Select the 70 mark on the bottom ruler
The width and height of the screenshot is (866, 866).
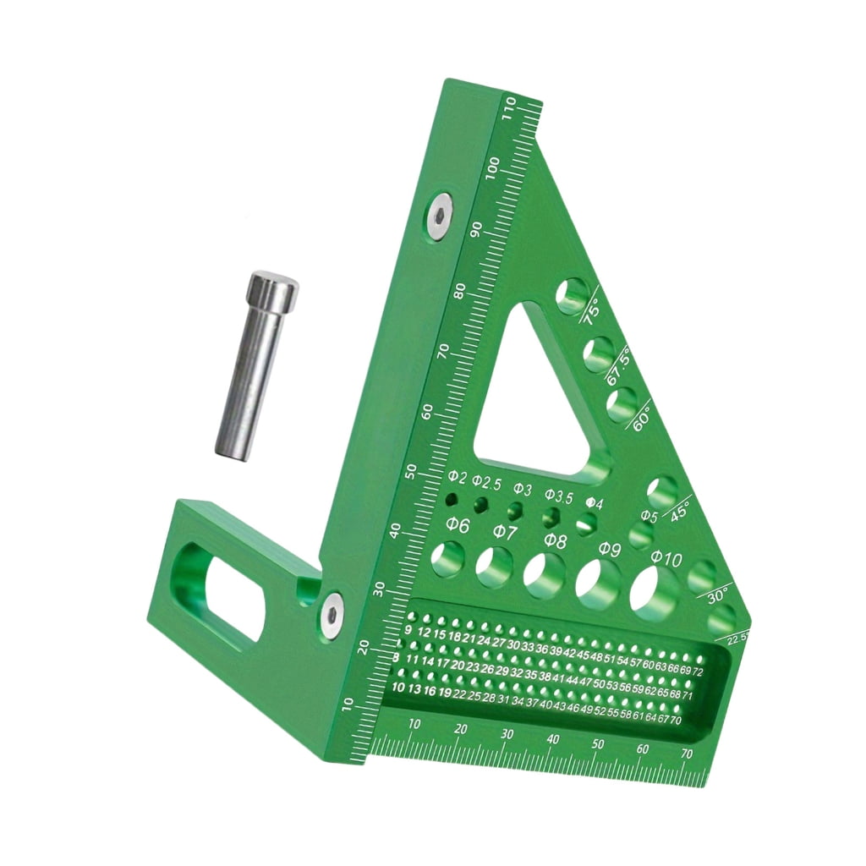[687, 754]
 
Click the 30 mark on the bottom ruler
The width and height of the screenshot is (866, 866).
[507, 735]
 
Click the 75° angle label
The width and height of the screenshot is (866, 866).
[590, 312]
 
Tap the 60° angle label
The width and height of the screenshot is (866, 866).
[641, 416]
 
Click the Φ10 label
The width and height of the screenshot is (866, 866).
[667, 559]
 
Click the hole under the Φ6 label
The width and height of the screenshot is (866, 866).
[447, 558]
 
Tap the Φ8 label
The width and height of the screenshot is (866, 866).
[555, 540]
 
